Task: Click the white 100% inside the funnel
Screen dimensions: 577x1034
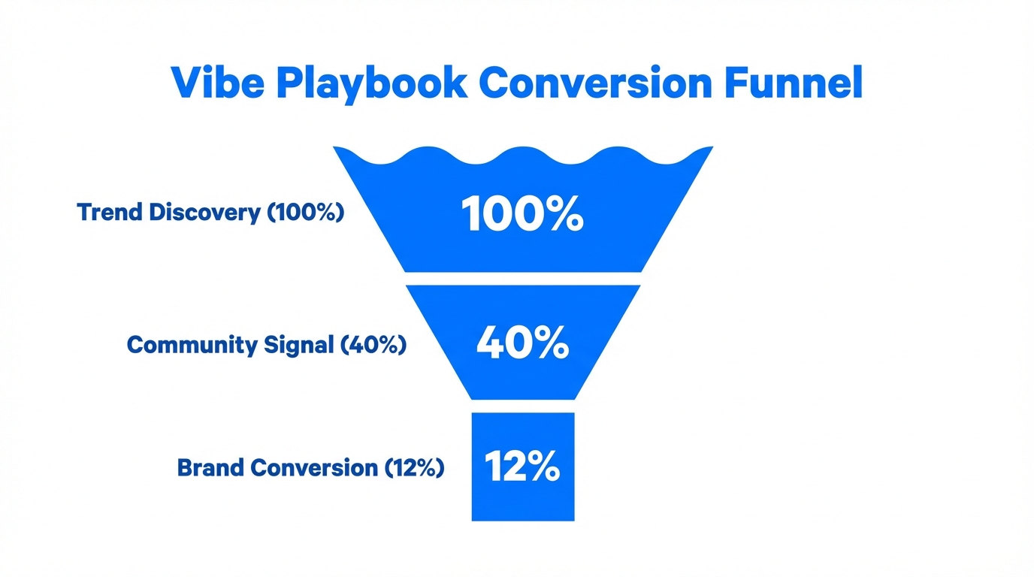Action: (523, 213)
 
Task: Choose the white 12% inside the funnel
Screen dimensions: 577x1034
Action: (522, 467)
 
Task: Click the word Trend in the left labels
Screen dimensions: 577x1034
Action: (110, 213)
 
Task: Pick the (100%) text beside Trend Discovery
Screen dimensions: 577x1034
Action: (305, 213)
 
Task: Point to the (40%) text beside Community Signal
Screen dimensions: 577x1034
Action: (373, 345)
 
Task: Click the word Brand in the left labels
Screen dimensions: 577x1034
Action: (210, 468)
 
